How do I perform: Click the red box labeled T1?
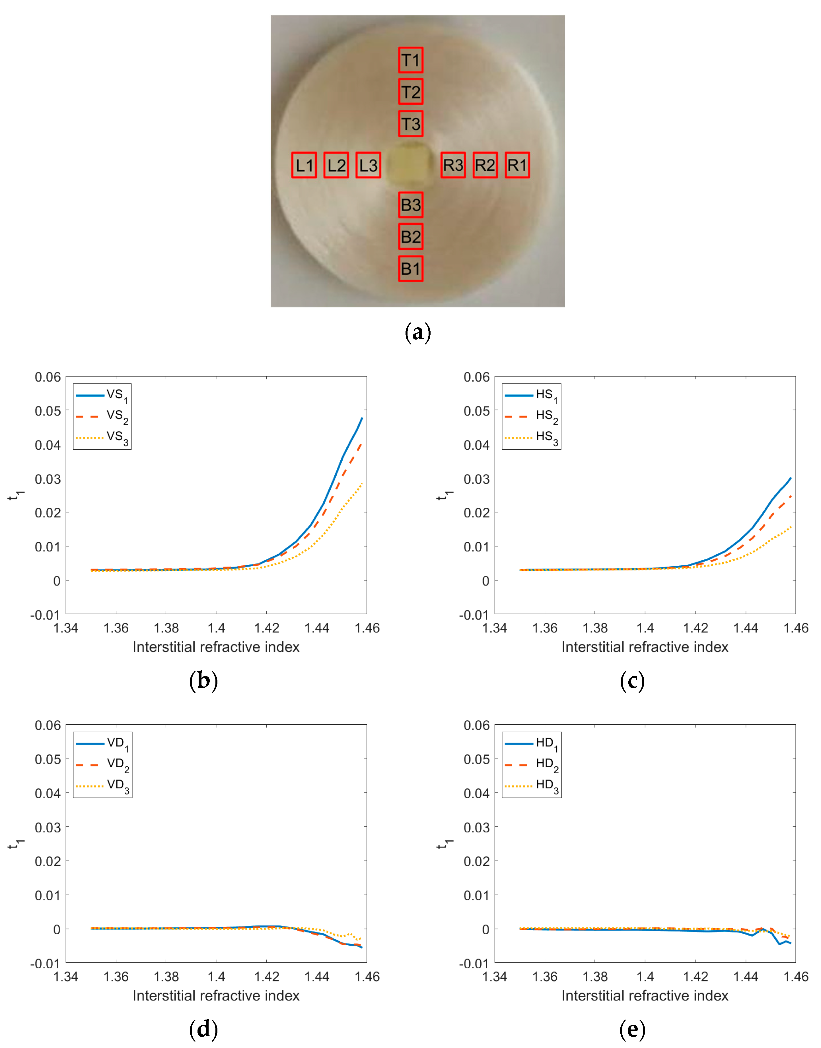410,60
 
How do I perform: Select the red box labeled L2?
336,165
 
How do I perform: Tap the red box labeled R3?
453,165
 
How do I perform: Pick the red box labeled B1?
410,268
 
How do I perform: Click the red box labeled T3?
410,124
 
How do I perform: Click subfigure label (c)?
632,681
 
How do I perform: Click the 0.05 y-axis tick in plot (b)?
48,411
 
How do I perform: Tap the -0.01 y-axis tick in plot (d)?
45,964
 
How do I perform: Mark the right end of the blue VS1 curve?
362,418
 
